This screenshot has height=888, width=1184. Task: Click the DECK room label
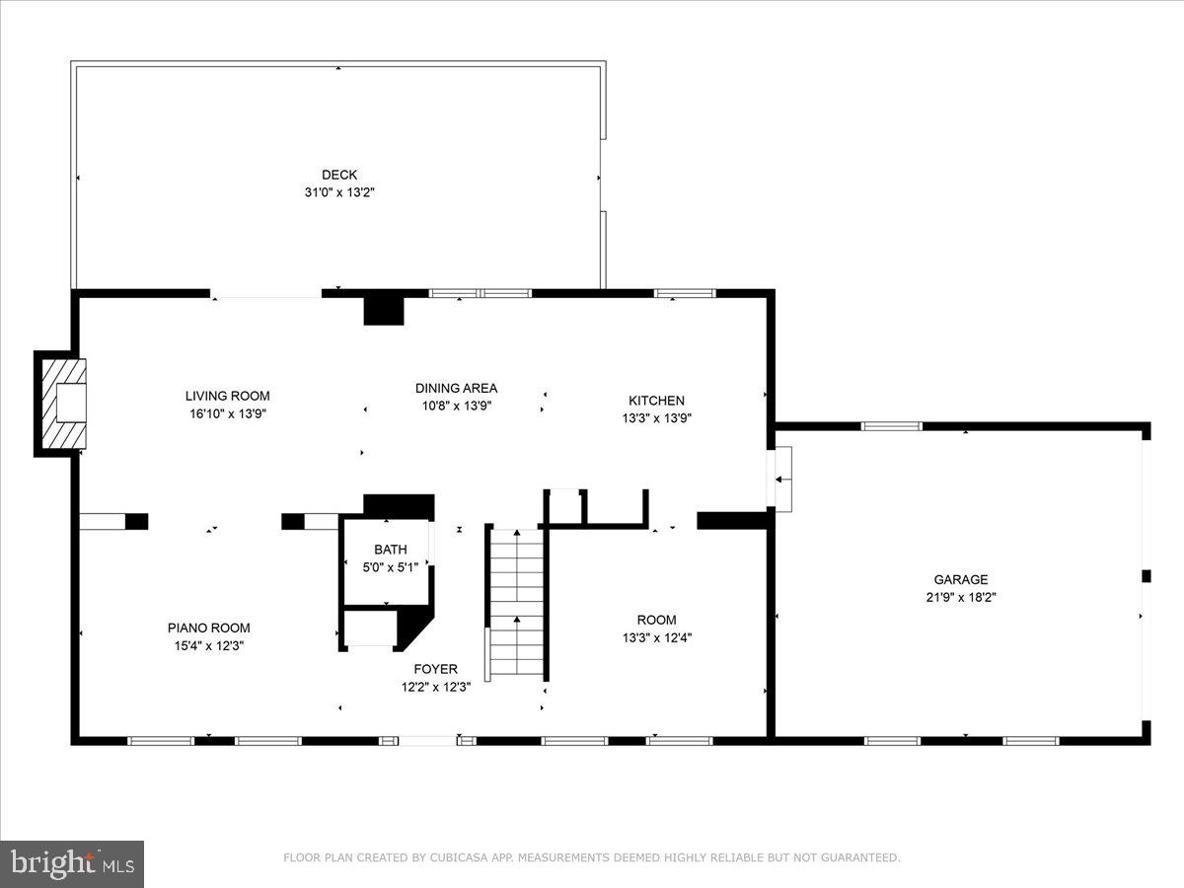339,175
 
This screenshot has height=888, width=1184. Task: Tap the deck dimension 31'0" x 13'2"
339,192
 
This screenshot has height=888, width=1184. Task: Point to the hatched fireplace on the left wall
60,404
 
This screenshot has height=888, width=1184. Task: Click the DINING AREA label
456,388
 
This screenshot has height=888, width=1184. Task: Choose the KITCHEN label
656,401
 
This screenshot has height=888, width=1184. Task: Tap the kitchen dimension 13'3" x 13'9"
656,417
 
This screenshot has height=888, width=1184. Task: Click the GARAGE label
960,580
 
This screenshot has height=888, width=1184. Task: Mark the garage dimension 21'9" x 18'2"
960,597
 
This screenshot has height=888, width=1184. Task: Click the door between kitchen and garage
780,479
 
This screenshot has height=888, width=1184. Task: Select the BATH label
390,550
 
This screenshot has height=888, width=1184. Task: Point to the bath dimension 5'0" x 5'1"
390,566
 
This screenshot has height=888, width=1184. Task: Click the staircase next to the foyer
516,602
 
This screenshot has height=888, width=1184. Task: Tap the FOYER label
435,669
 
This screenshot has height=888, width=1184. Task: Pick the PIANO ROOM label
208,628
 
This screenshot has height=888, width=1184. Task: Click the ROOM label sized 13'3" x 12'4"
656,620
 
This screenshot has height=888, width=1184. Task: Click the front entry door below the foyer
427,740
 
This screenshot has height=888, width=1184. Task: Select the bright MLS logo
72,863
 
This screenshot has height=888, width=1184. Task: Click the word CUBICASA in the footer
458,858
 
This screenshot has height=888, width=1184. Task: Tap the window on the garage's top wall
891,426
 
